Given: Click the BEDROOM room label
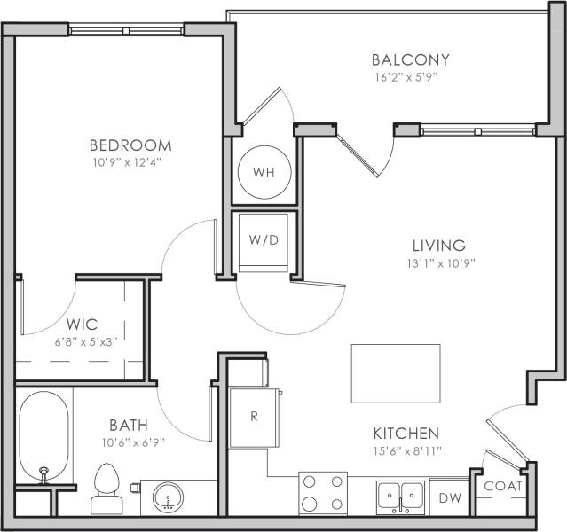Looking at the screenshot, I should point(130,145).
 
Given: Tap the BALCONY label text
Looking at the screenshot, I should point(410,60).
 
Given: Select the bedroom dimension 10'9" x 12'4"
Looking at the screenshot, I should point(130,162).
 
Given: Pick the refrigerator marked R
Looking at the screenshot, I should point(253,416).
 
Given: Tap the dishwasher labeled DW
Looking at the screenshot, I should point(451,499).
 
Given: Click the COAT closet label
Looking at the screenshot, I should point(502,486).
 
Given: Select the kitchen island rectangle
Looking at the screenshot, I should point(395,373).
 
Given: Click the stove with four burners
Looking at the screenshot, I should point(322,494).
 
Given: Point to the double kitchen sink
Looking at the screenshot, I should point(401,496).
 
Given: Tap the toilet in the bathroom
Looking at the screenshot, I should point(106,490).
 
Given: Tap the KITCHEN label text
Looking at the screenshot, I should point(405,434).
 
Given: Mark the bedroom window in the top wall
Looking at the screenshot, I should point(127,29).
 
